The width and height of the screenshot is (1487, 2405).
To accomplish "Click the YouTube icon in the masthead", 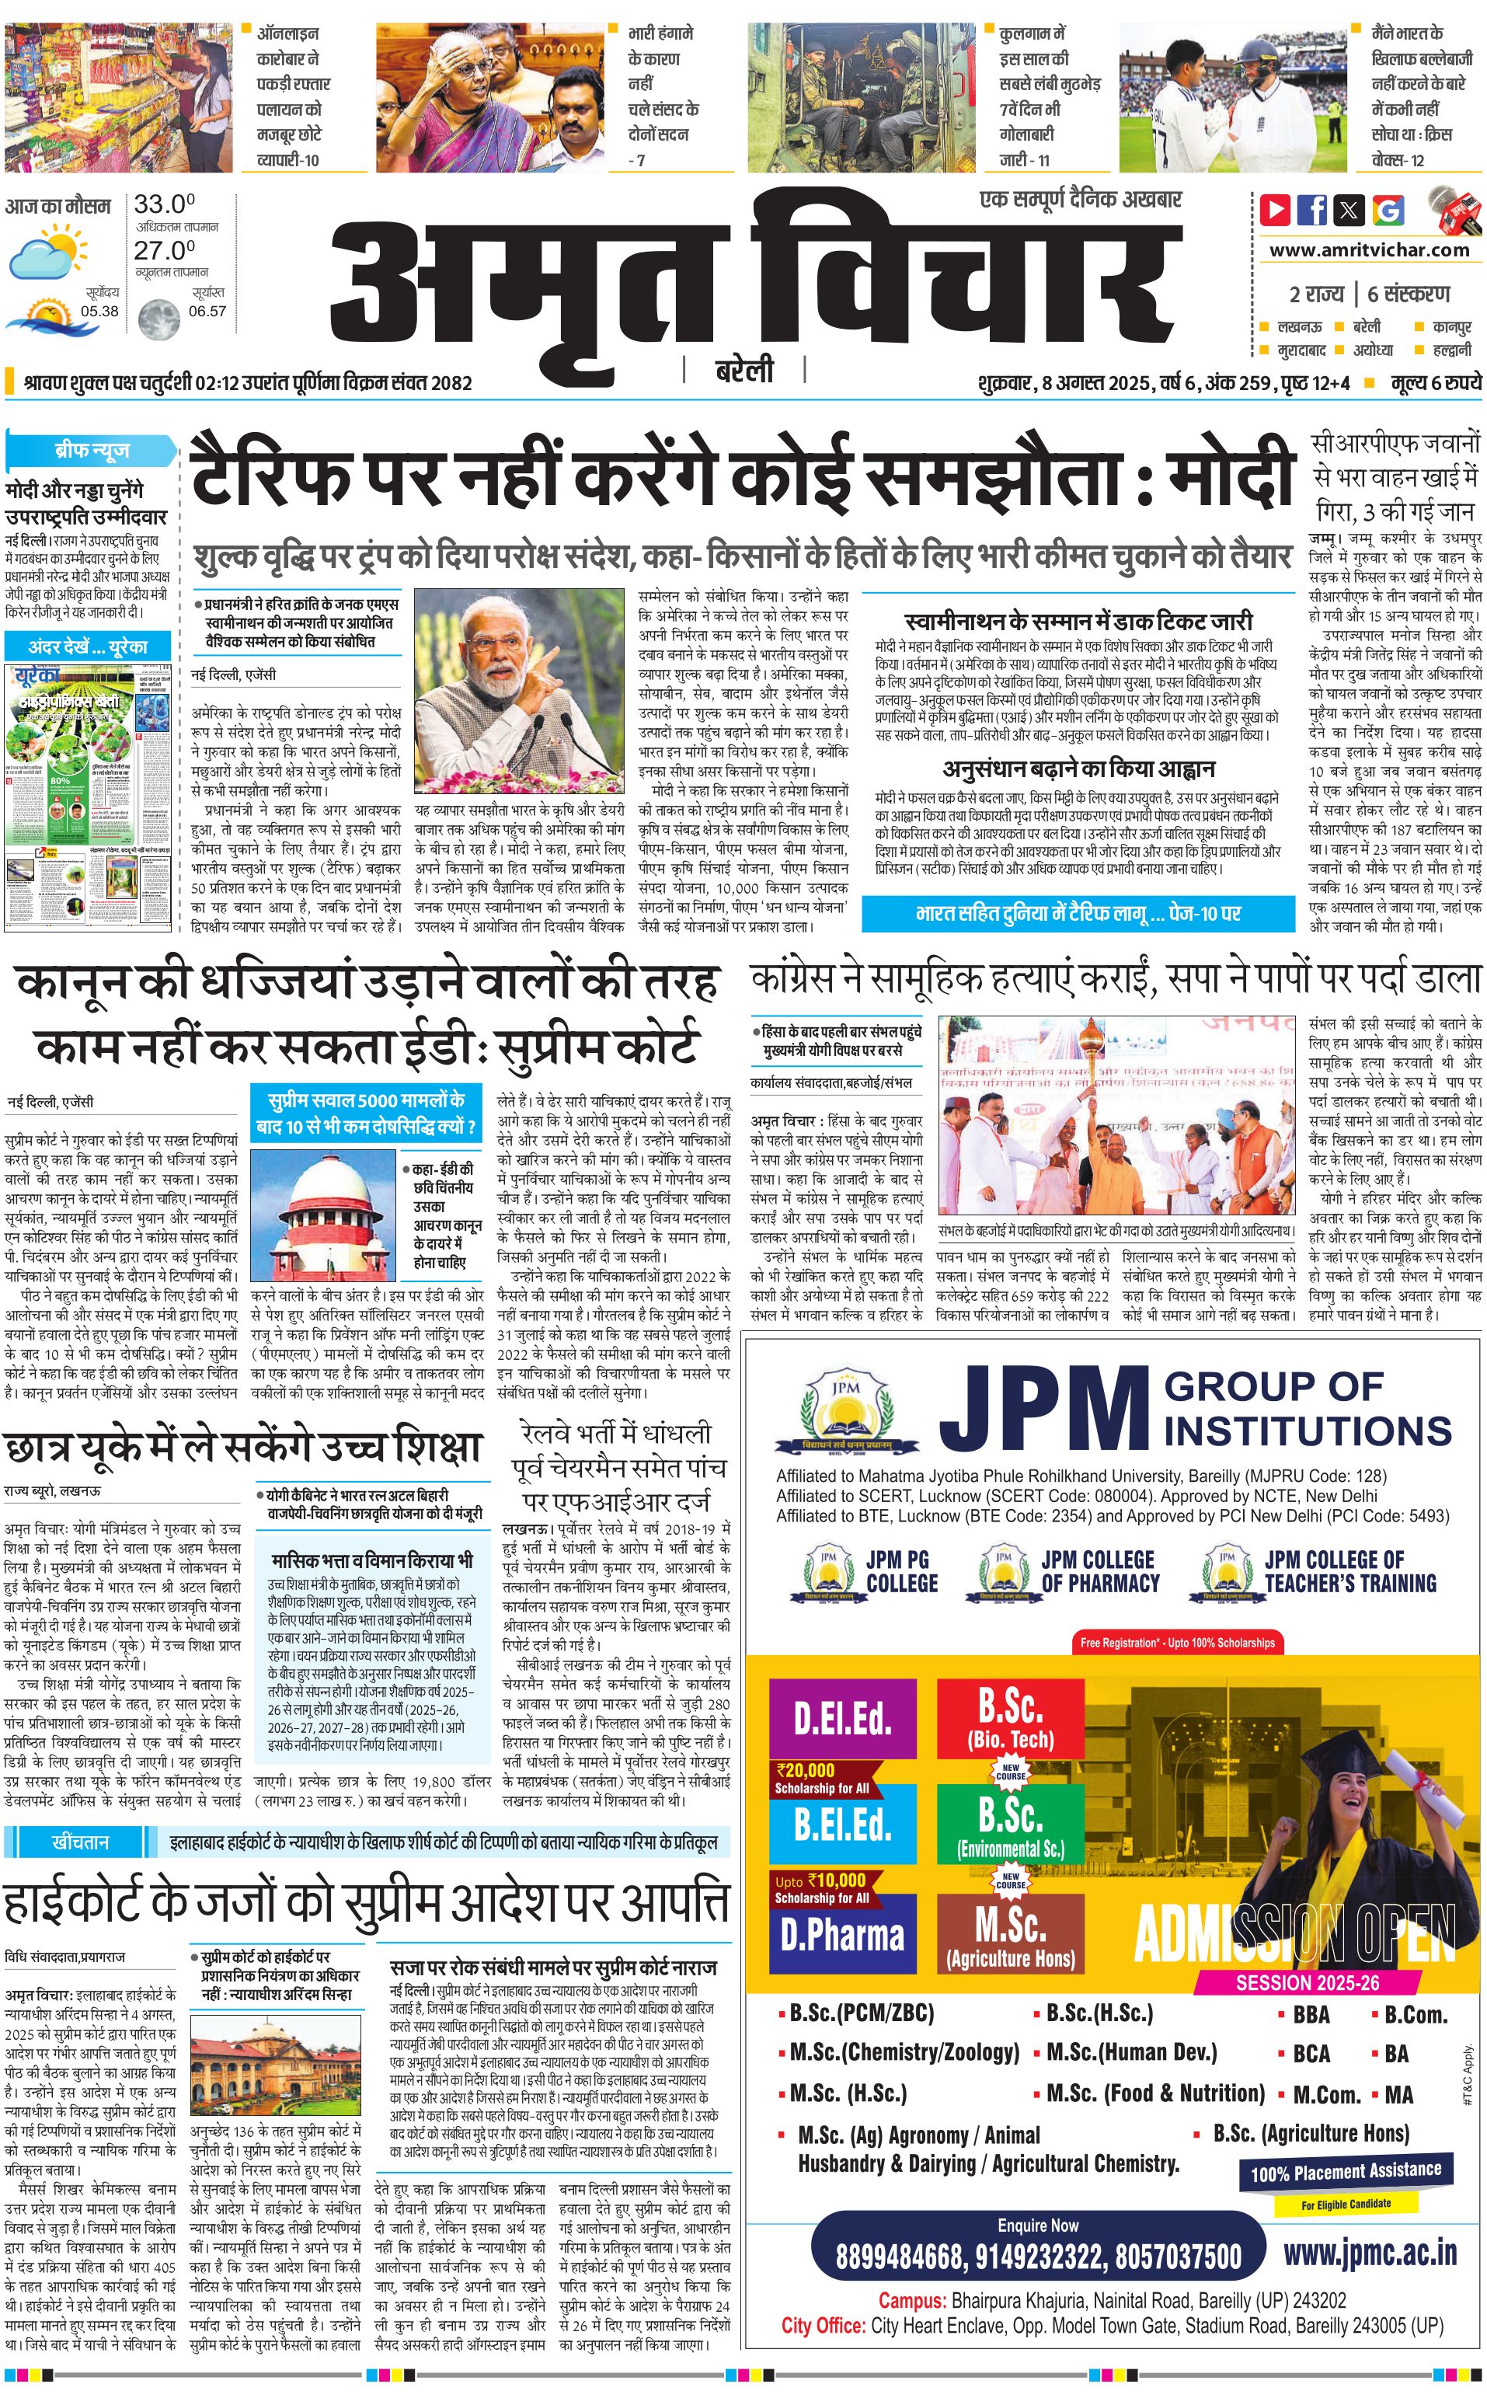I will coord(1276,210).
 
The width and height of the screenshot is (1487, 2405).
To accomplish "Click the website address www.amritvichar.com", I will coord(1368,250).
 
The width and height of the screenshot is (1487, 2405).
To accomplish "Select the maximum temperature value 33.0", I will coord(164,204).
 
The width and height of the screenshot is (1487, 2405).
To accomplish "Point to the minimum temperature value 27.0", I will coord(164,250).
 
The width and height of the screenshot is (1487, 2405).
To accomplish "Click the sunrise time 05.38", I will coord(99,312).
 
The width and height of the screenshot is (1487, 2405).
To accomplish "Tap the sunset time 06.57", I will coord(207,312).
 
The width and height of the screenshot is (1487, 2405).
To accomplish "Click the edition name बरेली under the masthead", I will coord(744,371).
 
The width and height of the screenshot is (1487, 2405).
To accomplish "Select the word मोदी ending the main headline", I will coord(1229,475).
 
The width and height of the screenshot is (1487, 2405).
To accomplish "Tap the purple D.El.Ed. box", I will coord(843,1717).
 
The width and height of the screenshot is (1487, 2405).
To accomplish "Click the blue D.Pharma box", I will coord(843,1935).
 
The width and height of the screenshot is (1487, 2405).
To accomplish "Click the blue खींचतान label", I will coord(81,1842).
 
